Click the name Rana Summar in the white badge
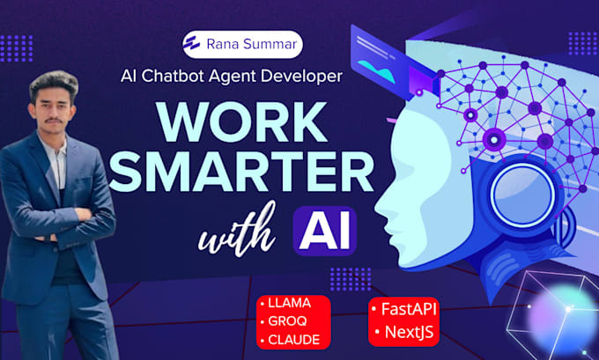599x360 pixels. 251,44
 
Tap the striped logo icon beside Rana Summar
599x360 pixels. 191,44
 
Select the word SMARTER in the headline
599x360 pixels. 241,171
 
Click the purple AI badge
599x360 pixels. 325,231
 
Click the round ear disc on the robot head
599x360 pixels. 521,195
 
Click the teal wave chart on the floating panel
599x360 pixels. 377,70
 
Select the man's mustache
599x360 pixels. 53,121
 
